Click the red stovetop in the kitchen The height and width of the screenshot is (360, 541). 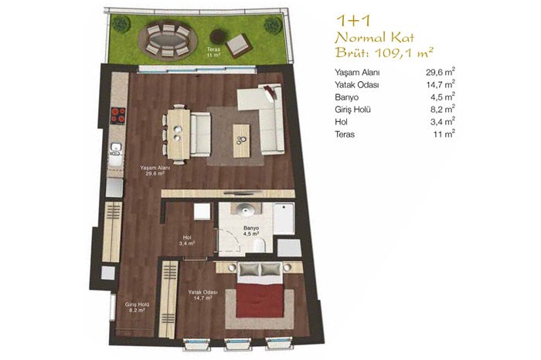[x=117, y=115]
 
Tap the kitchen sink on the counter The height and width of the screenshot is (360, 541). [x=116, y=148]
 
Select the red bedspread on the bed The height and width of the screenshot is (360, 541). [x=259, y=300]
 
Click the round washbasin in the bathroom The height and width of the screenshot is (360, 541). [x=246, y=209]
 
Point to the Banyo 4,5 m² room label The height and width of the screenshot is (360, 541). [x=251, y=231]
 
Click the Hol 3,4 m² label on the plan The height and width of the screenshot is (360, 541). [x=187, y=240]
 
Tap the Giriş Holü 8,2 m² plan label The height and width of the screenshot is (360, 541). [x=137, y=307]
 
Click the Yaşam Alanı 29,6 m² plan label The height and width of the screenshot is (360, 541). [x=155, y=171]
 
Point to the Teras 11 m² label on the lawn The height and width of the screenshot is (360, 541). [x=213, y=52]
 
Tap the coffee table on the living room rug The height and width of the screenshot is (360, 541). [x=241, y=141]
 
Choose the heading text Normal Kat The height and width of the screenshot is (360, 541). [x=374, y=37]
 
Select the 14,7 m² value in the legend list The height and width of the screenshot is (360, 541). [x=441, y=84]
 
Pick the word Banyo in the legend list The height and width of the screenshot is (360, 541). [x=346, y=97]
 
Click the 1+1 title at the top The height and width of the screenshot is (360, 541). [x=353, y=21]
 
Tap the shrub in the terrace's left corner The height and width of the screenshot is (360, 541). [x=121, y=24]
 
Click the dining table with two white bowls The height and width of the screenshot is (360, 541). [x=179, y=134]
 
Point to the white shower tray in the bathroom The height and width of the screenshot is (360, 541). [x=284, y=219]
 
